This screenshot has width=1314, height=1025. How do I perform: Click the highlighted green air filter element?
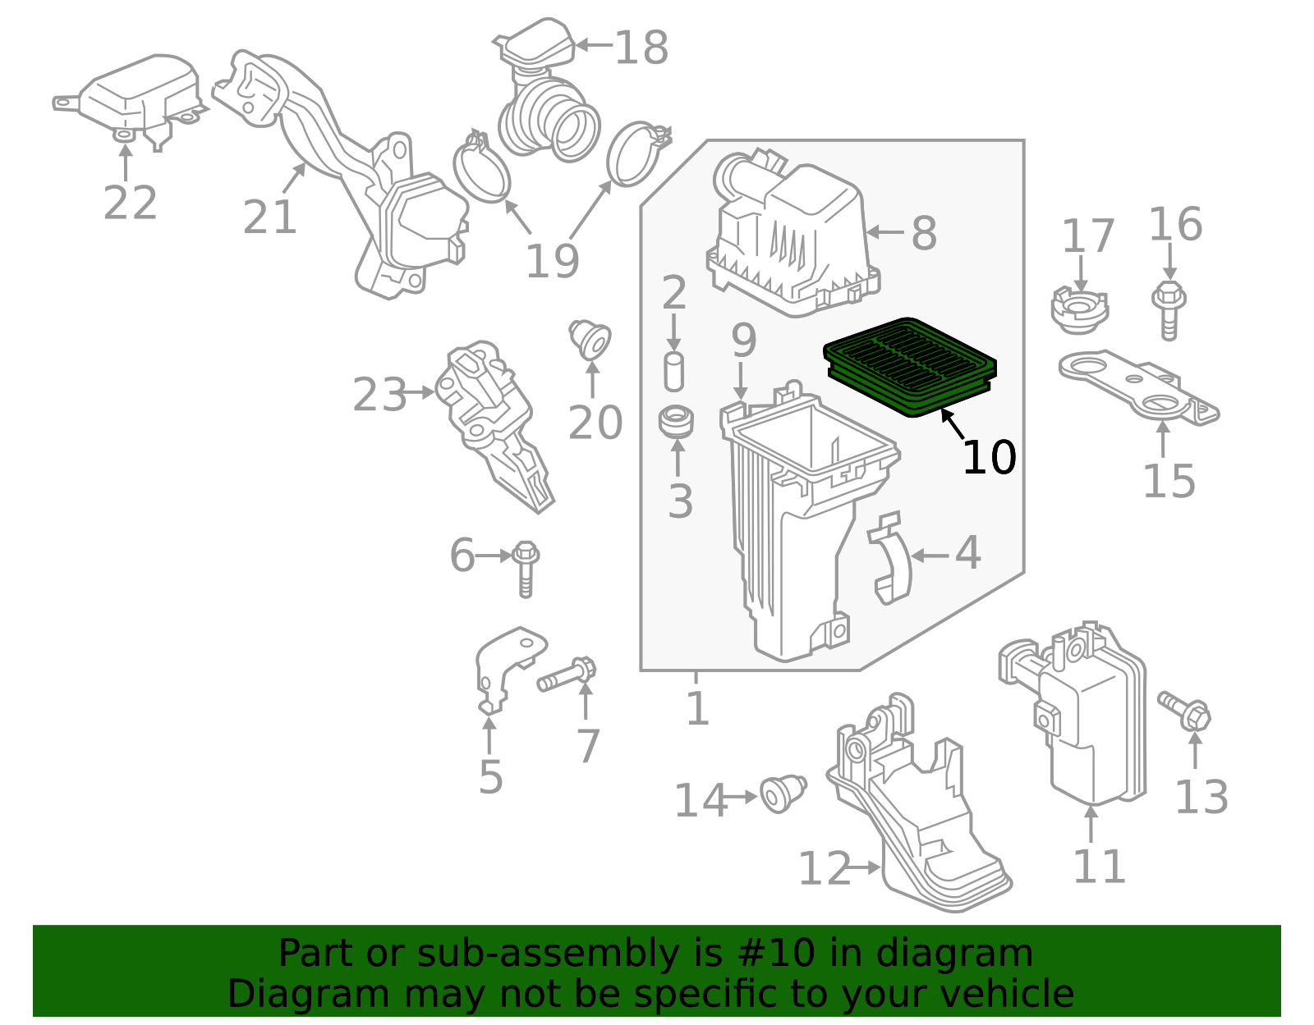(x=910, y=366)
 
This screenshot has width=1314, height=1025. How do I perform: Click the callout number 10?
(x=989, y=458)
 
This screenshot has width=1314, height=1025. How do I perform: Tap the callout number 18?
(x=641, y=48)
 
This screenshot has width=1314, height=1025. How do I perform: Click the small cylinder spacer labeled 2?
(x=673, y=372)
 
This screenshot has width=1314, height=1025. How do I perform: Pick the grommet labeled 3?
(x=676, y=421)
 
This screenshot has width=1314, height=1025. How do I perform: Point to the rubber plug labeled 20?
(x=590, y=339)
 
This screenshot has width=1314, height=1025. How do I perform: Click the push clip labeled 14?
(x=782, y=792)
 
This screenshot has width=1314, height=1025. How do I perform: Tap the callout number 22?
(x=130, y=203)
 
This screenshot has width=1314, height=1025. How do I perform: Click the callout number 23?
(x=379, y=396)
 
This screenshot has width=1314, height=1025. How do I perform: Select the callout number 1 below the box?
(x=696, y=708)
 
